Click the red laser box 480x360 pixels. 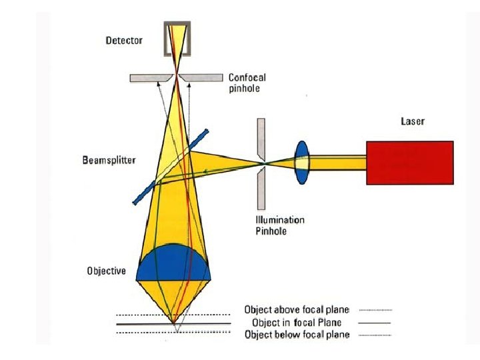coord(409,162)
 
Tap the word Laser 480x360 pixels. coord(412,121)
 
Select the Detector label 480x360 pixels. coord(124,41)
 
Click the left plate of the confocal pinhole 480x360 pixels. coord(149,78)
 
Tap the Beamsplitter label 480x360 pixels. coord(109,160)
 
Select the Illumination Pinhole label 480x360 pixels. coord(280,225)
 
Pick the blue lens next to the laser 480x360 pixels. coord(303,162)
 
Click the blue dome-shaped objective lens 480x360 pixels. coord(173,264)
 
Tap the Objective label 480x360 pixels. coord(106,271)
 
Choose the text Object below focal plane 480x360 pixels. coord(297,335)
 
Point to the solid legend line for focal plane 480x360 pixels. coord(376,322)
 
